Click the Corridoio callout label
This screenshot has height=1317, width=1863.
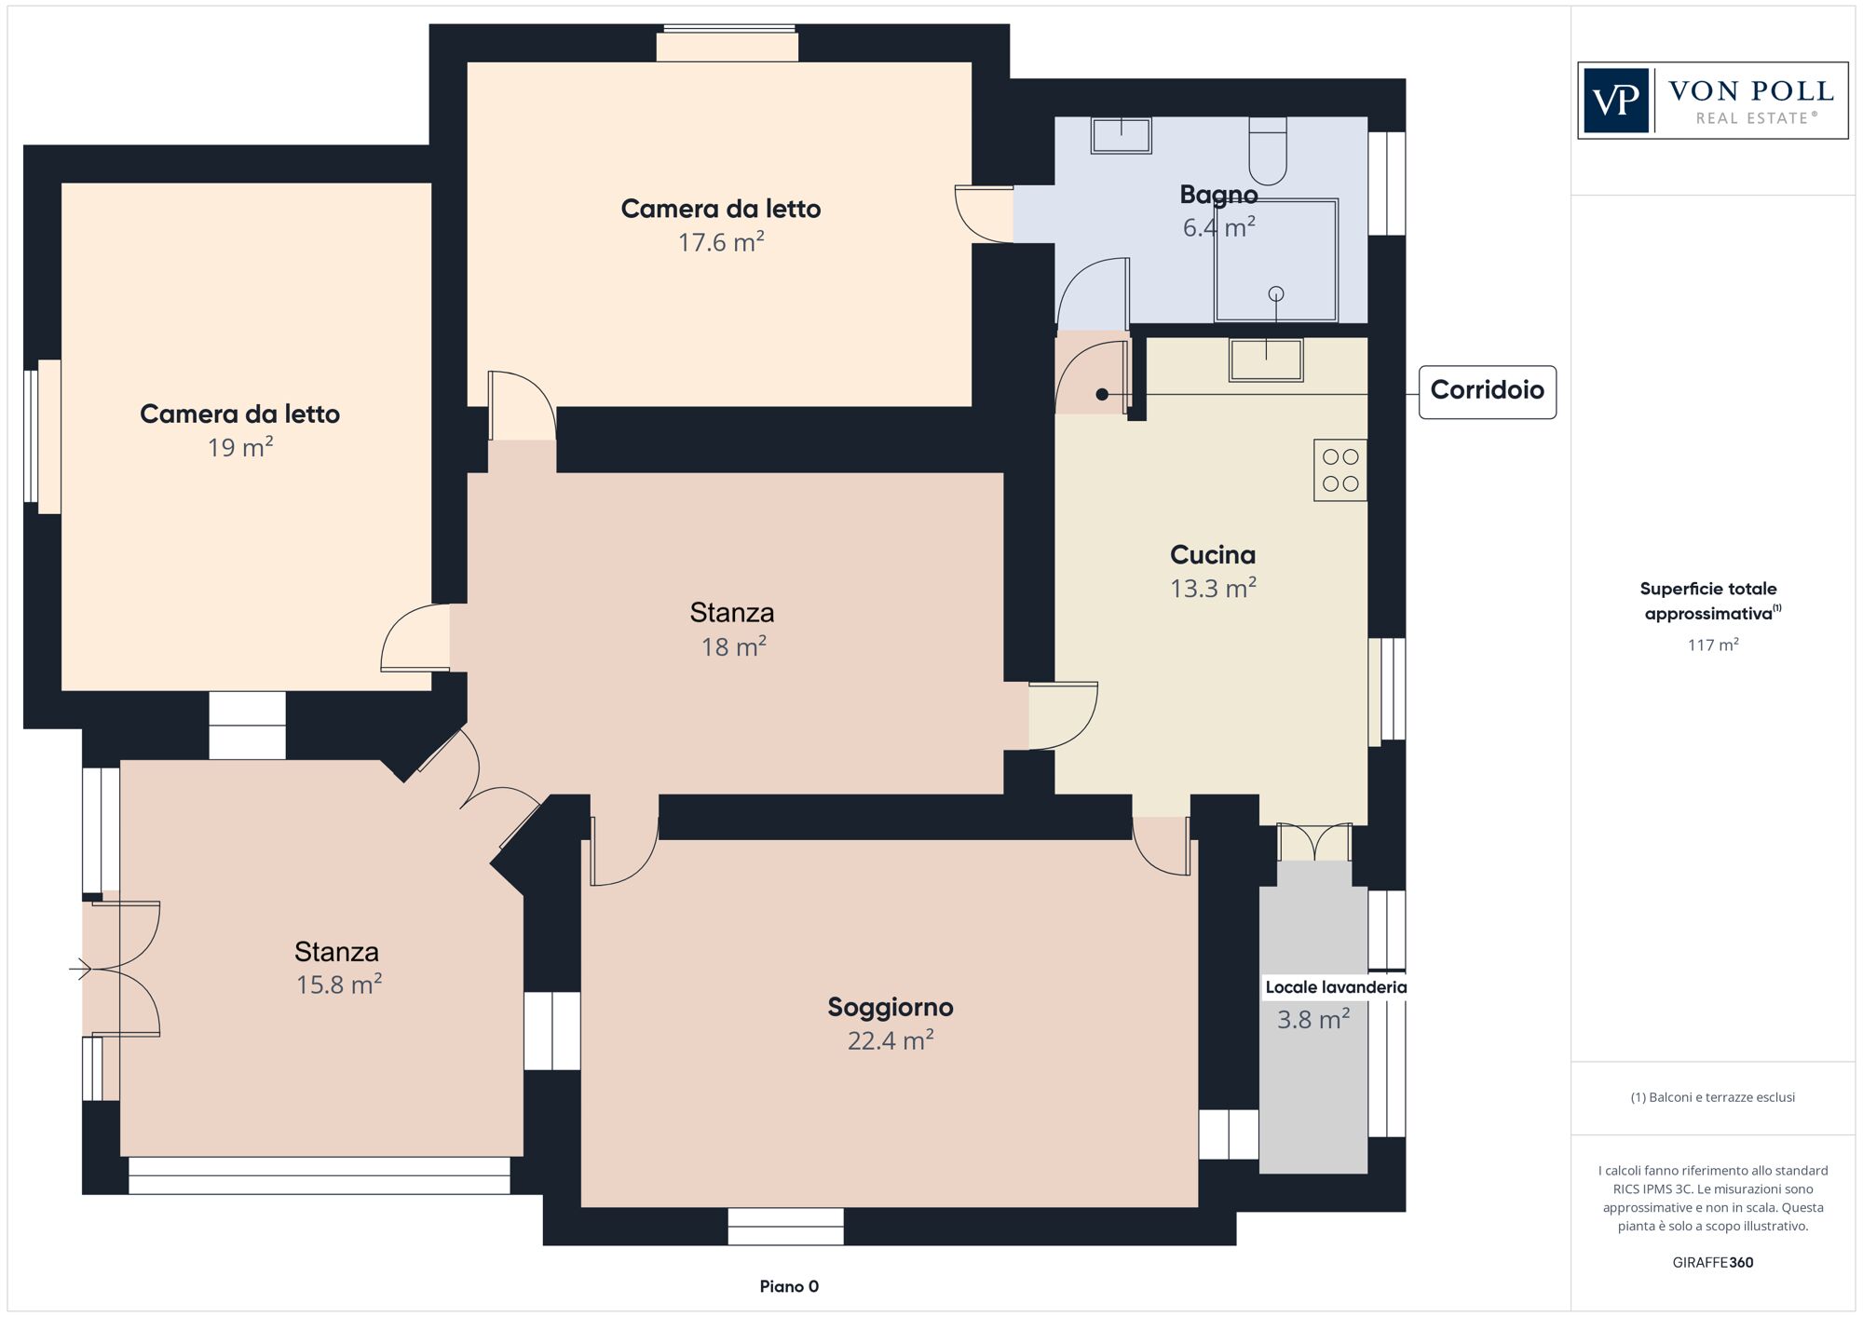(1487, 391)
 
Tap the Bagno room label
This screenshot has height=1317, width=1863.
(1218, 195)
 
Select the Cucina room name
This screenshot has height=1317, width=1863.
(1213, 555)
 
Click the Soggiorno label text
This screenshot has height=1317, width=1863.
(891, 1008)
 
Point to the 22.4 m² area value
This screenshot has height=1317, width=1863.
(891, 1040)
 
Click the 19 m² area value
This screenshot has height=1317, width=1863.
(240, 447)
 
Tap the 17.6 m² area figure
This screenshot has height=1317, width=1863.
(721, 242)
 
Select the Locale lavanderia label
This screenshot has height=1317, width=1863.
(1335, 987)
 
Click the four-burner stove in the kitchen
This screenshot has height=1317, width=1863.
(1340, 470)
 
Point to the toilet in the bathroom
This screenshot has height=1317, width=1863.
(1268, 151)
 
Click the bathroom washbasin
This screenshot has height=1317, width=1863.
(1122, 136)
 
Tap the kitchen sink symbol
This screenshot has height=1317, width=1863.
(1266, 360)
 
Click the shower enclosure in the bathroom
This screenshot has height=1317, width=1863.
(1276, 261)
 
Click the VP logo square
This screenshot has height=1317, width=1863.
(1616, 101)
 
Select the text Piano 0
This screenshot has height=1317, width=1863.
(789, 1286)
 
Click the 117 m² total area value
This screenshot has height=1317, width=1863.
(1713, 645)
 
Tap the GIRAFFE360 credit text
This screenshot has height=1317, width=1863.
(1713, 1263)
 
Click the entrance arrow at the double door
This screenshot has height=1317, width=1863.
(81, 970)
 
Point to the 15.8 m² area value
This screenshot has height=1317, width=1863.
(339, 984)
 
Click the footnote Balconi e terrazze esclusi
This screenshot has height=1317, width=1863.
(1713, 1097)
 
